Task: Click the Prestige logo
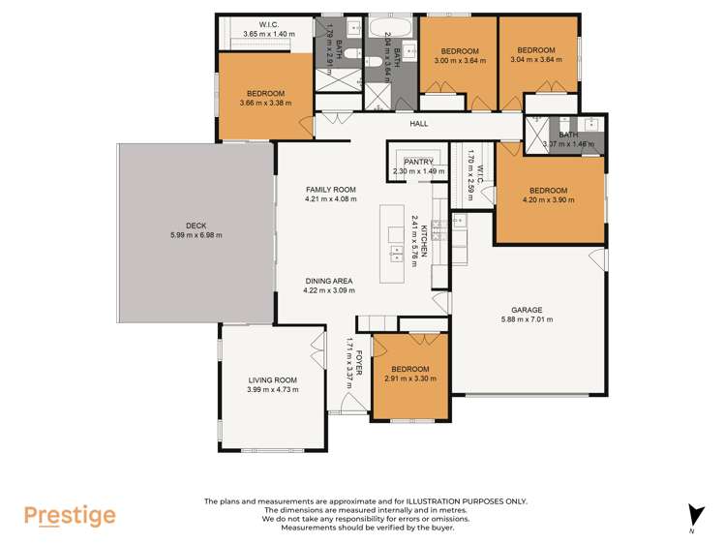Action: [x=70, y=516]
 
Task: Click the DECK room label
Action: [x=196, y=226]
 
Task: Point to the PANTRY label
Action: [x=418, y=162]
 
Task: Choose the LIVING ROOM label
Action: [x=272, y=379]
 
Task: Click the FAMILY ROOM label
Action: [x=331, y=189]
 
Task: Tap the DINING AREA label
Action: [x=329, y=280]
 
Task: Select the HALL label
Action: [x=419, y=124]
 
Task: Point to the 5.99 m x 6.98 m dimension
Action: [x=196, y=235]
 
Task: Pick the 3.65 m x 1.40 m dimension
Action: [x=269, y=34]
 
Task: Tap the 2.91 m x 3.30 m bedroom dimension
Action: [x=409, y=378]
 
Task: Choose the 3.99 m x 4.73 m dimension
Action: [x=272, y=389]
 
